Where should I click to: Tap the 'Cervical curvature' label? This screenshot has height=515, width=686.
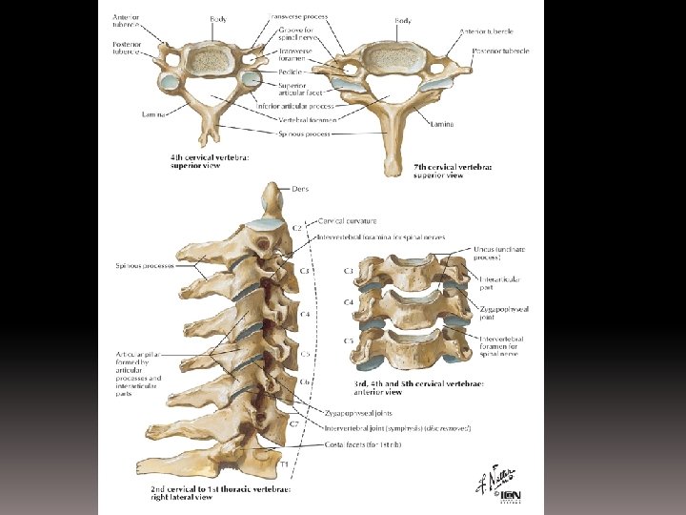point(348,220)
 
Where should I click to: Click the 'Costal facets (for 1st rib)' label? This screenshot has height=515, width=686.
point(359,444)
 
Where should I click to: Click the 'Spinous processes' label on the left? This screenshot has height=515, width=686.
point(145,265)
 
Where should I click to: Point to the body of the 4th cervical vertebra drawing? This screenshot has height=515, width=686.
point(204,59)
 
